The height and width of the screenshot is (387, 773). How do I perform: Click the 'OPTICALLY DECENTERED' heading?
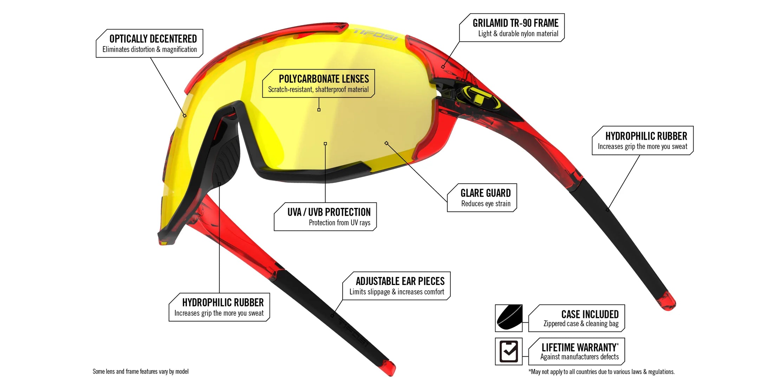click(153, 39)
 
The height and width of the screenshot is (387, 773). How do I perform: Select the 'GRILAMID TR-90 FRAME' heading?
click(515, 23)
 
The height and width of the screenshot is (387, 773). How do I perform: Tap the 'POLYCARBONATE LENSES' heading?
click(324, 79)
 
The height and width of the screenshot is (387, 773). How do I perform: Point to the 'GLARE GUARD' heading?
click(485, 193)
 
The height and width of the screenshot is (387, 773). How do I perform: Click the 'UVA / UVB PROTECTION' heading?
click(329, 212)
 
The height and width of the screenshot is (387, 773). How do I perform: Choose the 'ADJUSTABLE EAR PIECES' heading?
click(400, 281)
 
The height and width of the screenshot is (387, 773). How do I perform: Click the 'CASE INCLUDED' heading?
click(590, 314)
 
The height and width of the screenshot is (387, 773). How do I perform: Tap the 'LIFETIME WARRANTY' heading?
click(579, 348)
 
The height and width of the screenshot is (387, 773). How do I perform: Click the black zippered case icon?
click(508, 318)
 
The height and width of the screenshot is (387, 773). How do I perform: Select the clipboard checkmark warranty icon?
click(508, 351)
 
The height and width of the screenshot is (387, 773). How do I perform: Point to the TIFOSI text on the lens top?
click(375, 34)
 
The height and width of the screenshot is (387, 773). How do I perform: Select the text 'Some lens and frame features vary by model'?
click(141, 372)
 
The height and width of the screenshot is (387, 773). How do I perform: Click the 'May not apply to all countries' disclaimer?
click(602, 372)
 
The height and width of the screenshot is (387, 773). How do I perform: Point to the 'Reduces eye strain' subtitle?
click(486, 204)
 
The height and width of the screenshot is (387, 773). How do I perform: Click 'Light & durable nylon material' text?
click(518, 34)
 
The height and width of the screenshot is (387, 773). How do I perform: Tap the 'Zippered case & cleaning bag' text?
click(581, 324)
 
